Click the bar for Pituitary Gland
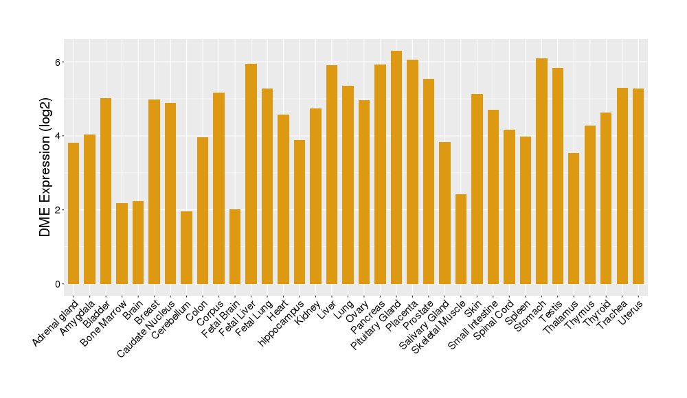(x=396, y=167)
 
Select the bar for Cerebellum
(x=186, y=248)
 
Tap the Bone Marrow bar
(x=122, y=244)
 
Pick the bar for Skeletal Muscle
(x=461, y=239)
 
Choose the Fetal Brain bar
(x=235, y=247)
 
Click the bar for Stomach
(x=541, y=172)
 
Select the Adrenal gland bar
(x=74, y=213)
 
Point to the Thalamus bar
(x=574, y=218)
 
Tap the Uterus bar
(x=638, y=186)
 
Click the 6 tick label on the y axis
(x=59, y=62)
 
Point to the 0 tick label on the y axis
(x=59, y=284)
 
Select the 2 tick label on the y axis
(x=59, y=210)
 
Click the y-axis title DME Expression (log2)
(x=45, y=173)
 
